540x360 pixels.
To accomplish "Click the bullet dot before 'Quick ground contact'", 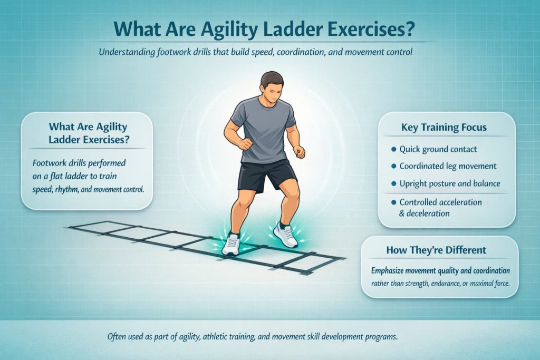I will point(393,149).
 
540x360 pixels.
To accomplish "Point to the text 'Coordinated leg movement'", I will point(448,166).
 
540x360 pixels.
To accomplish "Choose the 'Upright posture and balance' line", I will point(450,184).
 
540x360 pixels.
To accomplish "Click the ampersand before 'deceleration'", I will point(402,213).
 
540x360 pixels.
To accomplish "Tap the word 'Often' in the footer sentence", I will point(119,336).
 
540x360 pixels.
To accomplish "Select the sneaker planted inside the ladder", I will point(231,245).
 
